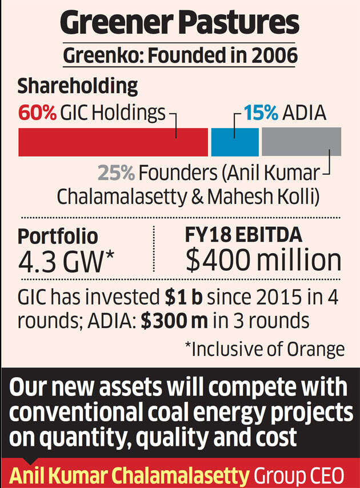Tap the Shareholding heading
pyautogui.click(x=77, y=86)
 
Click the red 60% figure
pyautogui.click(x=38, y=113)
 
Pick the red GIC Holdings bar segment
pyautogui.click(x=113, y=142)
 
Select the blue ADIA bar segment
pyautogui.click(x=234, y=142)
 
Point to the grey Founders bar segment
pyautogui.click(x=301, y=142)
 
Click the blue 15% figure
pyautogui.click(x=261, y=113)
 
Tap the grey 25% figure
pyautogui.click(x=117, y=173)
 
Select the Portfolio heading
pyautogui.click(x=58, y=236)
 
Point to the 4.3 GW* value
pyautogui.click(x=66, y=261)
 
